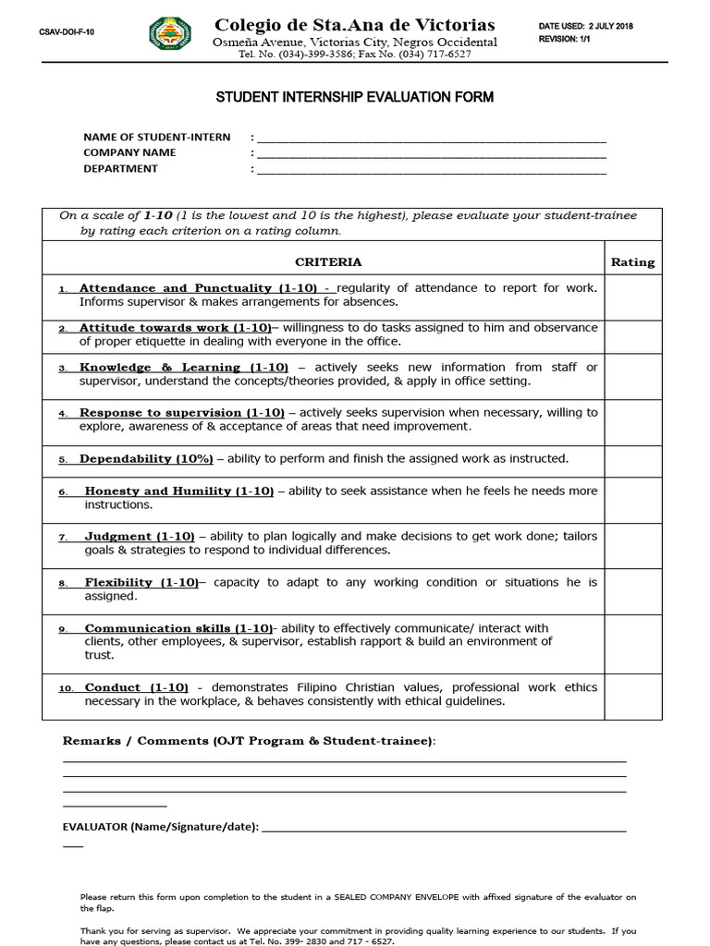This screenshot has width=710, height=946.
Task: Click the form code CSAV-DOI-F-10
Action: click(67, 32)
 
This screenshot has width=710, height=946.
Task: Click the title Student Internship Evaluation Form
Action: click(355, 97)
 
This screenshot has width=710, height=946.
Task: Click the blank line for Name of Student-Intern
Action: click(431, 139)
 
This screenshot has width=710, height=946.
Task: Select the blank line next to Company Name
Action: click(431, 155)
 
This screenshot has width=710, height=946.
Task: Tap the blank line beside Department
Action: click(431, 171)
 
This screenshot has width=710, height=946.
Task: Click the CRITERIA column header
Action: click(328, 262)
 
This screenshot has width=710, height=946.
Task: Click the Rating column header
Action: click(632, 262)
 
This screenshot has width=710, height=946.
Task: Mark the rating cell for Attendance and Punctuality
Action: click(632, 296)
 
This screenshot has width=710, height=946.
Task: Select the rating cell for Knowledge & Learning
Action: click(632, 375)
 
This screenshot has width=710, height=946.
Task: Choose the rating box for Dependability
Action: click(632, 460)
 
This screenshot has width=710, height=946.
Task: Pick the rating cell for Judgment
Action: click(632, 545)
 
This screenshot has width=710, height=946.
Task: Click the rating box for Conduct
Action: click(632, 696)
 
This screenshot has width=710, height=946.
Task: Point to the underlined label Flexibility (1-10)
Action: click(141, 583)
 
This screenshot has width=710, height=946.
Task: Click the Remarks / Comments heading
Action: click(249, 741)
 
